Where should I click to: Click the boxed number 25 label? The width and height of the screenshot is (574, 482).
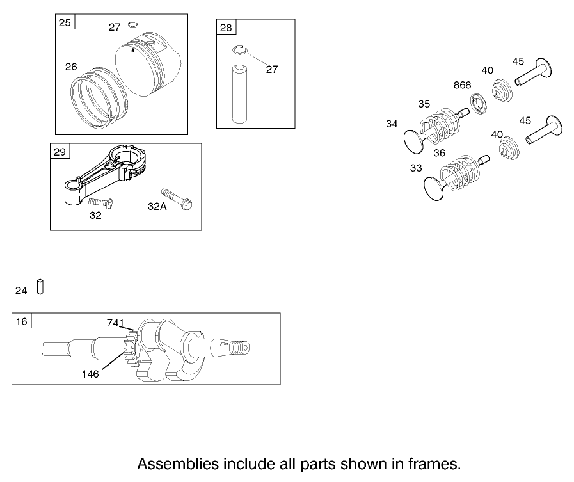[65, 23]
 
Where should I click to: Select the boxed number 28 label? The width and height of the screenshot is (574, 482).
[227, 28]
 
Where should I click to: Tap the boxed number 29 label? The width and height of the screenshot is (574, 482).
[60, 152]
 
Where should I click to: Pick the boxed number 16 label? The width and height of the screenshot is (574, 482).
[22, 321]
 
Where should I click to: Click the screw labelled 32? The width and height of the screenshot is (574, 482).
[100, 203]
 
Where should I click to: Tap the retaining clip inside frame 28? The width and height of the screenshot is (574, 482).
[240, 51]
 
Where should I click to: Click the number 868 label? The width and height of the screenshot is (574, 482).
[462, 85]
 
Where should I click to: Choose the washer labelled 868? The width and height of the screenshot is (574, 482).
[476, 100]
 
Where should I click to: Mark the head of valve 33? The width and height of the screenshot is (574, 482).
[435, 186]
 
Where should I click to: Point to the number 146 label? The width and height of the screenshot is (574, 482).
[90, 374]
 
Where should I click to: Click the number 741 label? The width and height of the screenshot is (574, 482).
[115, 323]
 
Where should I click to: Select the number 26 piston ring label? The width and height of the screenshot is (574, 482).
[71, 67]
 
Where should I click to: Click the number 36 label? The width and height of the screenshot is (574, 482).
[439, 153]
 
